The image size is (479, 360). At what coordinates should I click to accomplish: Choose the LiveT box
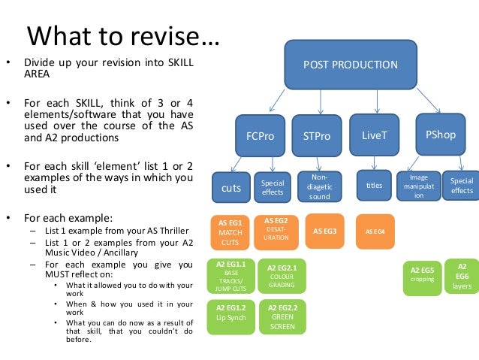[374, 136]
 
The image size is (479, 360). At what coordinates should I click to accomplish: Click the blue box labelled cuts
[231, 188]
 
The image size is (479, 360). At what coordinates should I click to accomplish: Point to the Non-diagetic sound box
[319, 186]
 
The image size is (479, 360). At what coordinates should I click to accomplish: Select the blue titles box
[374, 184]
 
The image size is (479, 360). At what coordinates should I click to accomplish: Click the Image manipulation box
[419, 185]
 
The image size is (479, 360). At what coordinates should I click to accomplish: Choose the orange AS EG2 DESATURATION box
[276, 229]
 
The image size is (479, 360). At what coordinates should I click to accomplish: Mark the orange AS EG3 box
[324, 231]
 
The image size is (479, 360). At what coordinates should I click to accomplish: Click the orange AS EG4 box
[375, 231]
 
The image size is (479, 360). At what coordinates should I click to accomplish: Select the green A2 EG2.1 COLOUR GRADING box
[282, 276]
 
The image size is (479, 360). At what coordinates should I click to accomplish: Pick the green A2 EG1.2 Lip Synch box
[230, 313]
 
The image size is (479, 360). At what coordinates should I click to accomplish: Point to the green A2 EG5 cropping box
[422, 274]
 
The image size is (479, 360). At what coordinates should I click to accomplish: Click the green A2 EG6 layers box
[462, 276]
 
